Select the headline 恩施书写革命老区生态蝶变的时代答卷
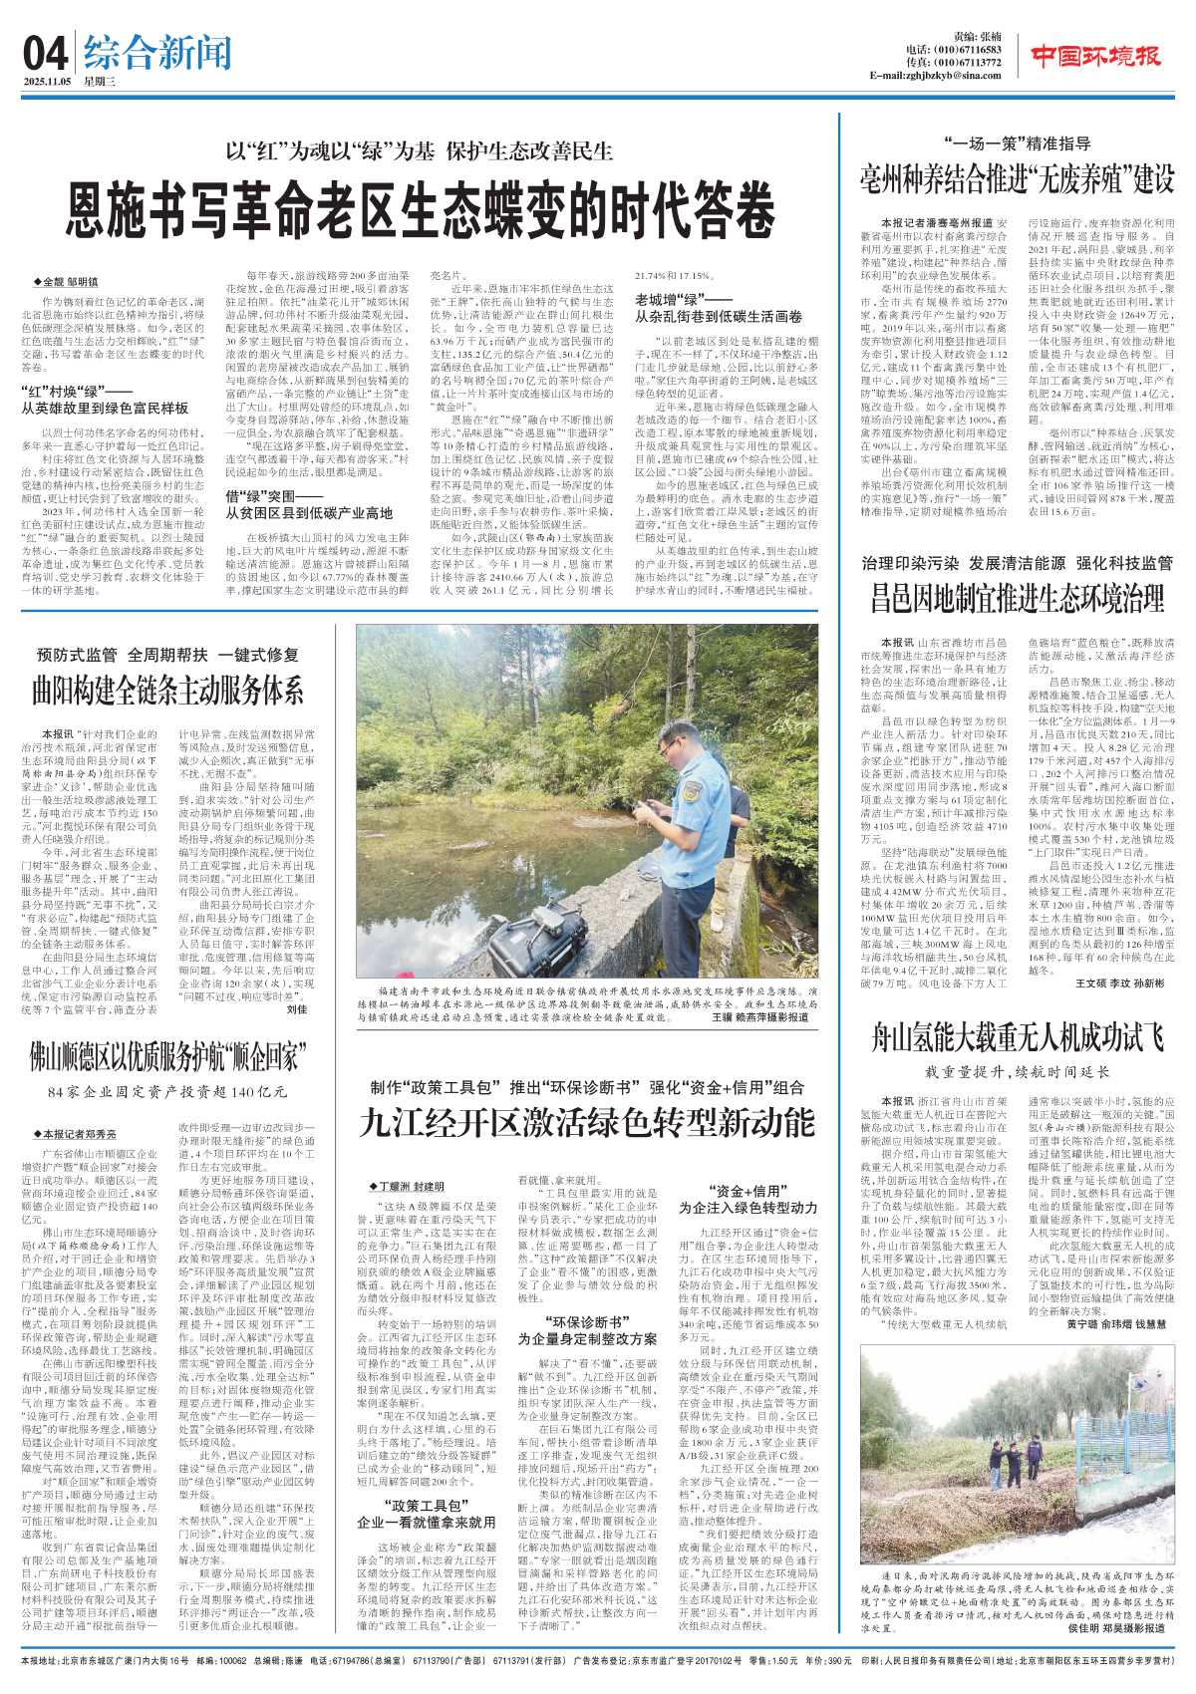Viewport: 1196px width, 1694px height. [421, 210]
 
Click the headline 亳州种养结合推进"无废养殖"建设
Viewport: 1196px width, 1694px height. [1018, 180]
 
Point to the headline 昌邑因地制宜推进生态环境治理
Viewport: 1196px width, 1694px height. [1018, 598]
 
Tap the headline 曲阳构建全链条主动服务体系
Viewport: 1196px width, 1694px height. [167, 689]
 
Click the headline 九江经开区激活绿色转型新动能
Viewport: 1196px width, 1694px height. [587, 1123]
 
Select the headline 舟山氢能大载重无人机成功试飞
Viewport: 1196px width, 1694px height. [1018, 1037]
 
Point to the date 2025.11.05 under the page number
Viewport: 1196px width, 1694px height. [45, 83]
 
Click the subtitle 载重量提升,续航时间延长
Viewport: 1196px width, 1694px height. [1017, 1072]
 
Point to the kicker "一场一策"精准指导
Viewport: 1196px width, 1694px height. [1017, 143]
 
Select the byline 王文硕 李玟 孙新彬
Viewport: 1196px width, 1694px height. [1119, 982]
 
